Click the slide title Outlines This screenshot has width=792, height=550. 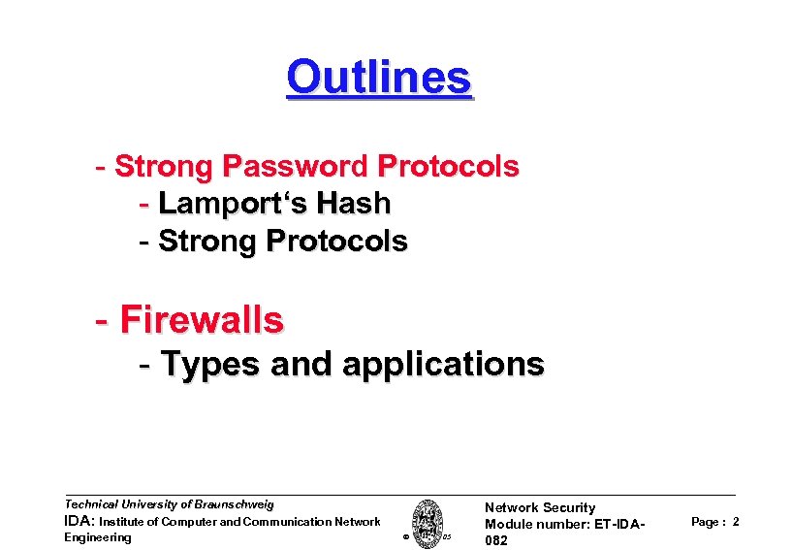pos(379,77)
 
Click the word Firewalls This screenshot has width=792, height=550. pos(202,319)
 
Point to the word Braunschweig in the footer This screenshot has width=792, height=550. pos(235,504)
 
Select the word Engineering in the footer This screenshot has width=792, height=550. pos(97,537)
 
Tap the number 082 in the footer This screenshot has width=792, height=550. pos(496,540)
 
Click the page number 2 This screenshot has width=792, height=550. pos(736,522)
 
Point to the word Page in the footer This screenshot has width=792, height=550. pos(705,522)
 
